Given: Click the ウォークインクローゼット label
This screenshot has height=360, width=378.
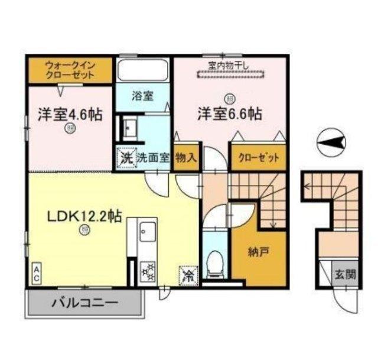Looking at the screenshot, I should coord(70,71).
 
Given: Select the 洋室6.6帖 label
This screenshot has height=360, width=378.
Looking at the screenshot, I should coord(230,113).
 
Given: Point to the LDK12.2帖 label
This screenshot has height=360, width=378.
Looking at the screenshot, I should coord(84,216).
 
